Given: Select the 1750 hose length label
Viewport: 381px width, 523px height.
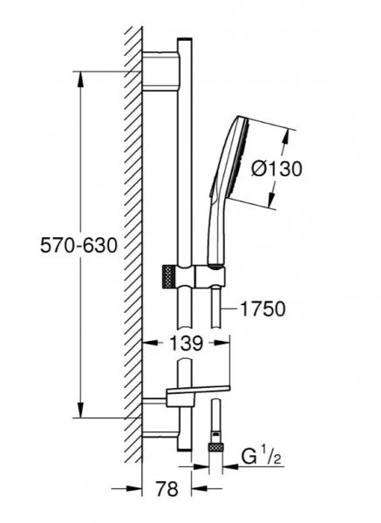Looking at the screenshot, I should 261,308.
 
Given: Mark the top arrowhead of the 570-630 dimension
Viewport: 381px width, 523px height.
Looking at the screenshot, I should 80,76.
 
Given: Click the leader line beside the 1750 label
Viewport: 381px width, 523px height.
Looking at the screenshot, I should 228,308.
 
